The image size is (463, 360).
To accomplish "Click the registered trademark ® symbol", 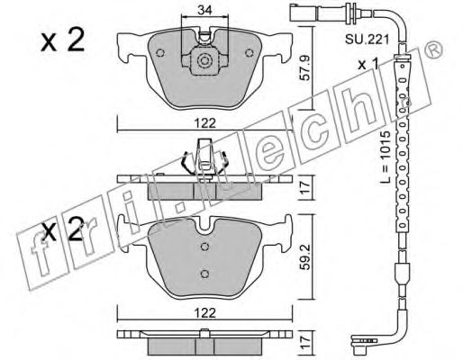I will click(435, 48).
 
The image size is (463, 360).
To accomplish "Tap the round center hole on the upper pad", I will click(204, 63).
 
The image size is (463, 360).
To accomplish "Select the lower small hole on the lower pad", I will click(204, 274).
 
